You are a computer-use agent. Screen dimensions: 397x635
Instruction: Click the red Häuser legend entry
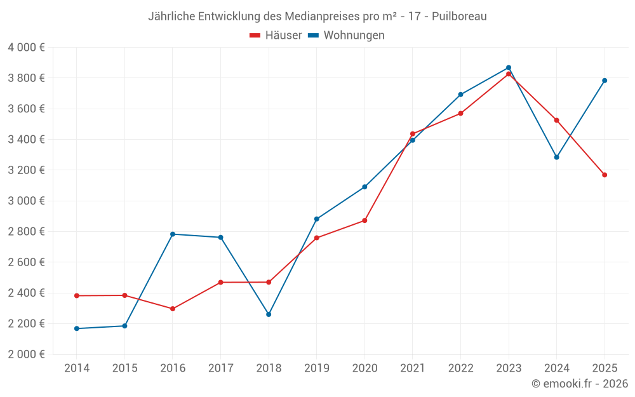276,36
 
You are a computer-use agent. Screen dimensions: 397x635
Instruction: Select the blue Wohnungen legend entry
347,36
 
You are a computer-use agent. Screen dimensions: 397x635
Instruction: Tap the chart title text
317,17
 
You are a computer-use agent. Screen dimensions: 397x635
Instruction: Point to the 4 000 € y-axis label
26,48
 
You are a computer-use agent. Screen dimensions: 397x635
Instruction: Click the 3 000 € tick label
26,201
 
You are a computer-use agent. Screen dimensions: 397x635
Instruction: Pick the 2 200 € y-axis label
26,323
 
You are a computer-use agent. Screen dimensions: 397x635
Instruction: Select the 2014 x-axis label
77,368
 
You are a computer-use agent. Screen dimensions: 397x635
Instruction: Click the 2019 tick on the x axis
316,368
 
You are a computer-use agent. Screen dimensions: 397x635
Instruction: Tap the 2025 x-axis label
605,368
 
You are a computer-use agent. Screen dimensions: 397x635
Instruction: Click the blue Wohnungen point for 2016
173,234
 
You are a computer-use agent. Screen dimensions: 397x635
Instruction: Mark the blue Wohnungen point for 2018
269,314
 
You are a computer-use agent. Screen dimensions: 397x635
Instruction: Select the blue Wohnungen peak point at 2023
509,67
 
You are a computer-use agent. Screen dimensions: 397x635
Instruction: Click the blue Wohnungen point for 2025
605,81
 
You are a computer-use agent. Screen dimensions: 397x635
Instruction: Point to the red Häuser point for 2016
173,309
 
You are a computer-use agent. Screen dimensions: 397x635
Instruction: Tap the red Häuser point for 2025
605,175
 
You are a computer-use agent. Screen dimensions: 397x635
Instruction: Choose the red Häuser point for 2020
364,220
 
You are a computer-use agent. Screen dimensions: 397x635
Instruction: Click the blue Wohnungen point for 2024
557,157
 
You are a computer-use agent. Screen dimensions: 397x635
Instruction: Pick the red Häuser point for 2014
77,295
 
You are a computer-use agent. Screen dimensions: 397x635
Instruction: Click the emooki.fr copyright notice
580,384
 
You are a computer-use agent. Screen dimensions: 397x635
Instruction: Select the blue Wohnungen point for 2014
77,328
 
